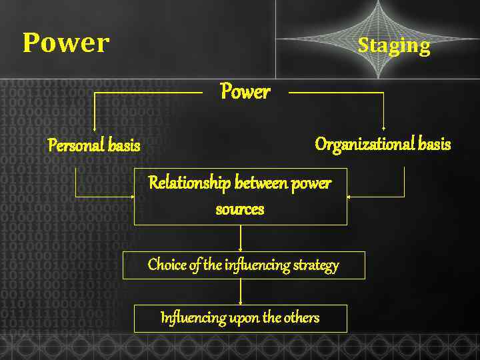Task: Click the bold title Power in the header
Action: (65, 43)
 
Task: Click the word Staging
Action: (393, 45)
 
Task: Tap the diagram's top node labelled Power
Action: (245, 92)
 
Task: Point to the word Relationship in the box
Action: (189, 183)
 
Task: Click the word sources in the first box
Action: (240, 209)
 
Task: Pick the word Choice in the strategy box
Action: (167, 265)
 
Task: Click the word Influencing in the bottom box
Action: (185, 318)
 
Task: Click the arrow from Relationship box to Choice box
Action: (240, 239)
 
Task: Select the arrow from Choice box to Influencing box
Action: (240, 292)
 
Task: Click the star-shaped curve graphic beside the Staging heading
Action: (378, 38)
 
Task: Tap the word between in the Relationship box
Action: (261, 183)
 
